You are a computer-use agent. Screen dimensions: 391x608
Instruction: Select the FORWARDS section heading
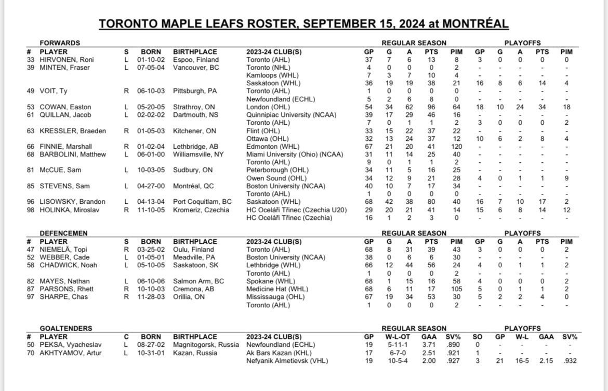pos(60,43)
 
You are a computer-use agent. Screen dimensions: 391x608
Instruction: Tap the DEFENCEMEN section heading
pos(63,233)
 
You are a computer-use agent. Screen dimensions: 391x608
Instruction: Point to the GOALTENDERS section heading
pos(66,329)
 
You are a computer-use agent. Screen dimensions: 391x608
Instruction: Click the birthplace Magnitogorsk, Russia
pos(206,345)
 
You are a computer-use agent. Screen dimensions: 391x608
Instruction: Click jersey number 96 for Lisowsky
pos(31,202)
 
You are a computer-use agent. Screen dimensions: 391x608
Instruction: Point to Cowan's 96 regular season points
pos(431,107)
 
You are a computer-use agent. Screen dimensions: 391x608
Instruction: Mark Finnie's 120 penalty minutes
pos(456,147)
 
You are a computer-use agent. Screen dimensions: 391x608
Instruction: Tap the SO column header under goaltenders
pos(478,337)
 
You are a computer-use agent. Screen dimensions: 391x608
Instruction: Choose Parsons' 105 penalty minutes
pos(456,289)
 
